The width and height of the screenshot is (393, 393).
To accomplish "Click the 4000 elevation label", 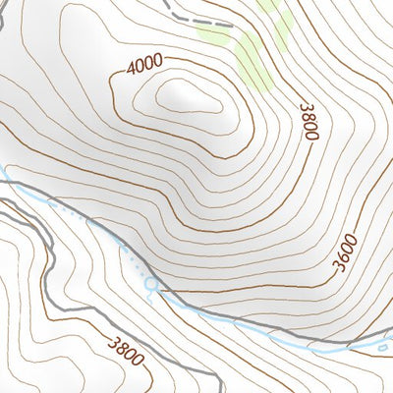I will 144,67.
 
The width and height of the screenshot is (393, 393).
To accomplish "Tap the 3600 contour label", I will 346,254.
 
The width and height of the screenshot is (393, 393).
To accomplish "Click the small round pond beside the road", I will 150,285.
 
